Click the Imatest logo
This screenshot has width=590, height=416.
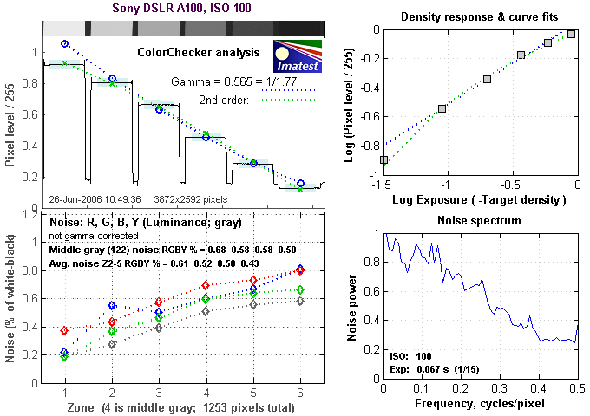[298, 55]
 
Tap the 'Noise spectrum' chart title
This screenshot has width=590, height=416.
[480, 220]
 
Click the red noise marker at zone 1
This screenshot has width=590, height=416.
[64, 330]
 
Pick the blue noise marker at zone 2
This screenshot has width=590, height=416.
[112, 306]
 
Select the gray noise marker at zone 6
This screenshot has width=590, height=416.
[300, 301]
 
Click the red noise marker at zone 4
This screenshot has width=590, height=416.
[206, 285]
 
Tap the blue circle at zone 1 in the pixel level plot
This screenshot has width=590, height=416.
[64, 43]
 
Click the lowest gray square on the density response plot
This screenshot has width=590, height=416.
[383, 160]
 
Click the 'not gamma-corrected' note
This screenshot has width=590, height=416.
[92, 236]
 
